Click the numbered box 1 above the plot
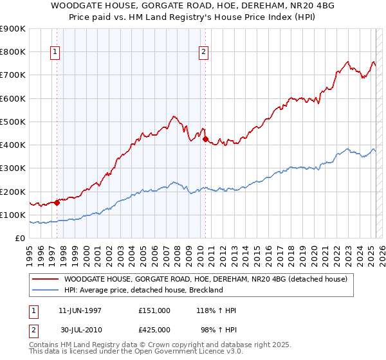click(55, 53)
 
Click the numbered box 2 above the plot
click(203, 53)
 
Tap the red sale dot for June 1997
click(57, 203)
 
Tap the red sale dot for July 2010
click(205, 138)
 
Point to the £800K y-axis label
click(14, 52)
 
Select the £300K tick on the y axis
click(14, 168)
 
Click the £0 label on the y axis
click(19, 239)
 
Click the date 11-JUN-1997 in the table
click(80, 310)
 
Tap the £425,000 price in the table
click(154, 328)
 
